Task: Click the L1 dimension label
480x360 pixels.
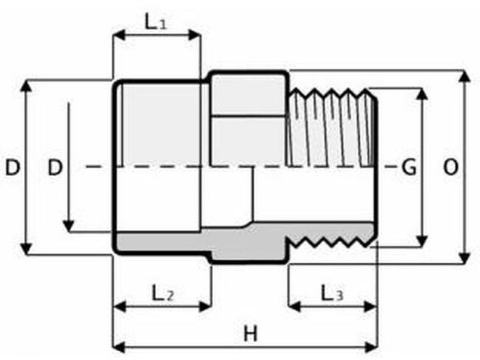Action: [x=156, y=22]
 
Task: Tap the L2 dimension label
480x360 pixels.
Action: [x=163, y=293]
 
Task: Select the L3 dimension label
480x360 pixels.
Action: [x=332, y=293]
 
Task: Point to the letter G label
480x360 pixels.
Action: [x=409, y=167]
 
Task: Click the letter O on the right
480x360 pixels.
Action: [x=451, y=167]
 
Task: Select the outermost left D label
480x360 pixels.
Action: [x=13, y=167]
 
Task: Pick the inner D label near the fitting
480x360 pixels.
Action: [x=55, y=167]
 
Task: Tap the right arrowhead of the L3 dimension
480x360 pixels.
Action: [x=370, y=306]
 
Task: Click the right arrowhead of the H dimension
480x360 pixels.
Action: [x=371, y=347]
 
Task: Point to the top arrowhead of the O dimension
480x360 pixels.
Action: [x=465, y=76]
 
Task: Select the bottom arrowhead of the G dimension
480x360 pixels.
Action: [x=422, y=240]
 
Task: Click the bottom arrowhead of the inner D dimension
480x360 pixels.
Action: [x=69, y=226]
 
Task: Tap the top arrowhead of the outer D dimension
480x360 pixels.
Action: [x=26, y=86]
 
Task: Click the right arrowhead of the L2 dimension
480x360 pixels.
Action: [x=205, y=306]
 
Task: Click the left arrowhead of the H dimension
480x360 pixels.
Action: [x=120, y=347]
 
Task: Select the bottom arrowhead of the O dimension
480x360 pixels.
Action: [x=465, y=258]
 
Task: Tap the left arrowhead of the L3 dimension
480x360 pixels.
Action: [x=295, y=306]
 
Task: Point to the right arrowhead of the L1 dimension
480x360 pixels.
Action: [x=194, y=35]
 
